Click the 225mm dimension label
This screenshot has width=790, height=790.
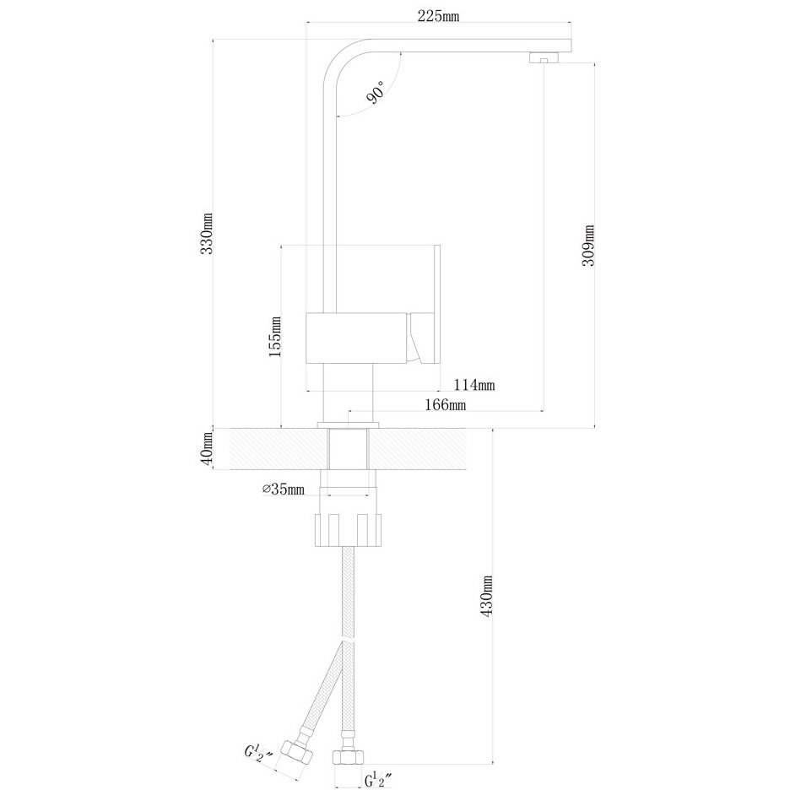pos(438,16)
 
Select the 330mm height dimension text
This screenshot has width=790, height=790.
pos(207,233)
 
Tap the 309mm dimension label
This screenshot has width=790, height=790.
pos(588,246)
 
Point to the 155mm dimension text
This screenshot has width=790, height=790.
pos(274,337)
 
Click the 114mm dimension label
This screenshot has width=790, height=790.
pos(474,385)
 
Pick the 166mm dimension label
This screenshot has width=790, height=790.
pos(446,404)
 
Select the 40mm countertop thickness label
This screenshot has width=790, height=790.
pos(207,449)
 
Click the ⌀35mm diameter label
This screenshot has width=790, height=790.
pos(283,489)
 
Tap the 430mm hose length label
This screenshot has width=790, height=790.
pos(486,596)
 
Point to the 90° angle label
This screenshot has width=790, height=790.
pos(376,92)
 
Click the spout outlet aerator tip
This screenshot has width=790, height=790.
pos(544,57)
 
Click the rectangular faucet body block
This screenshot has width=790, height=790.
pos(356,337)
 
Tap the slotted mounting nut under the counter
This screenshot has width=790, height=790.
pos(348,530)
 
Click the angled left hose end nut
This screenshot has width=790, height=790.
pos(298,752)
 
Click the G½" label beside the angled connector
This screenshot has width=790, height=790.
pos(259,754)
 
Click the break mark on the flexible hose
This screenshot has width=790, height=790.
pos(348,641)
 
